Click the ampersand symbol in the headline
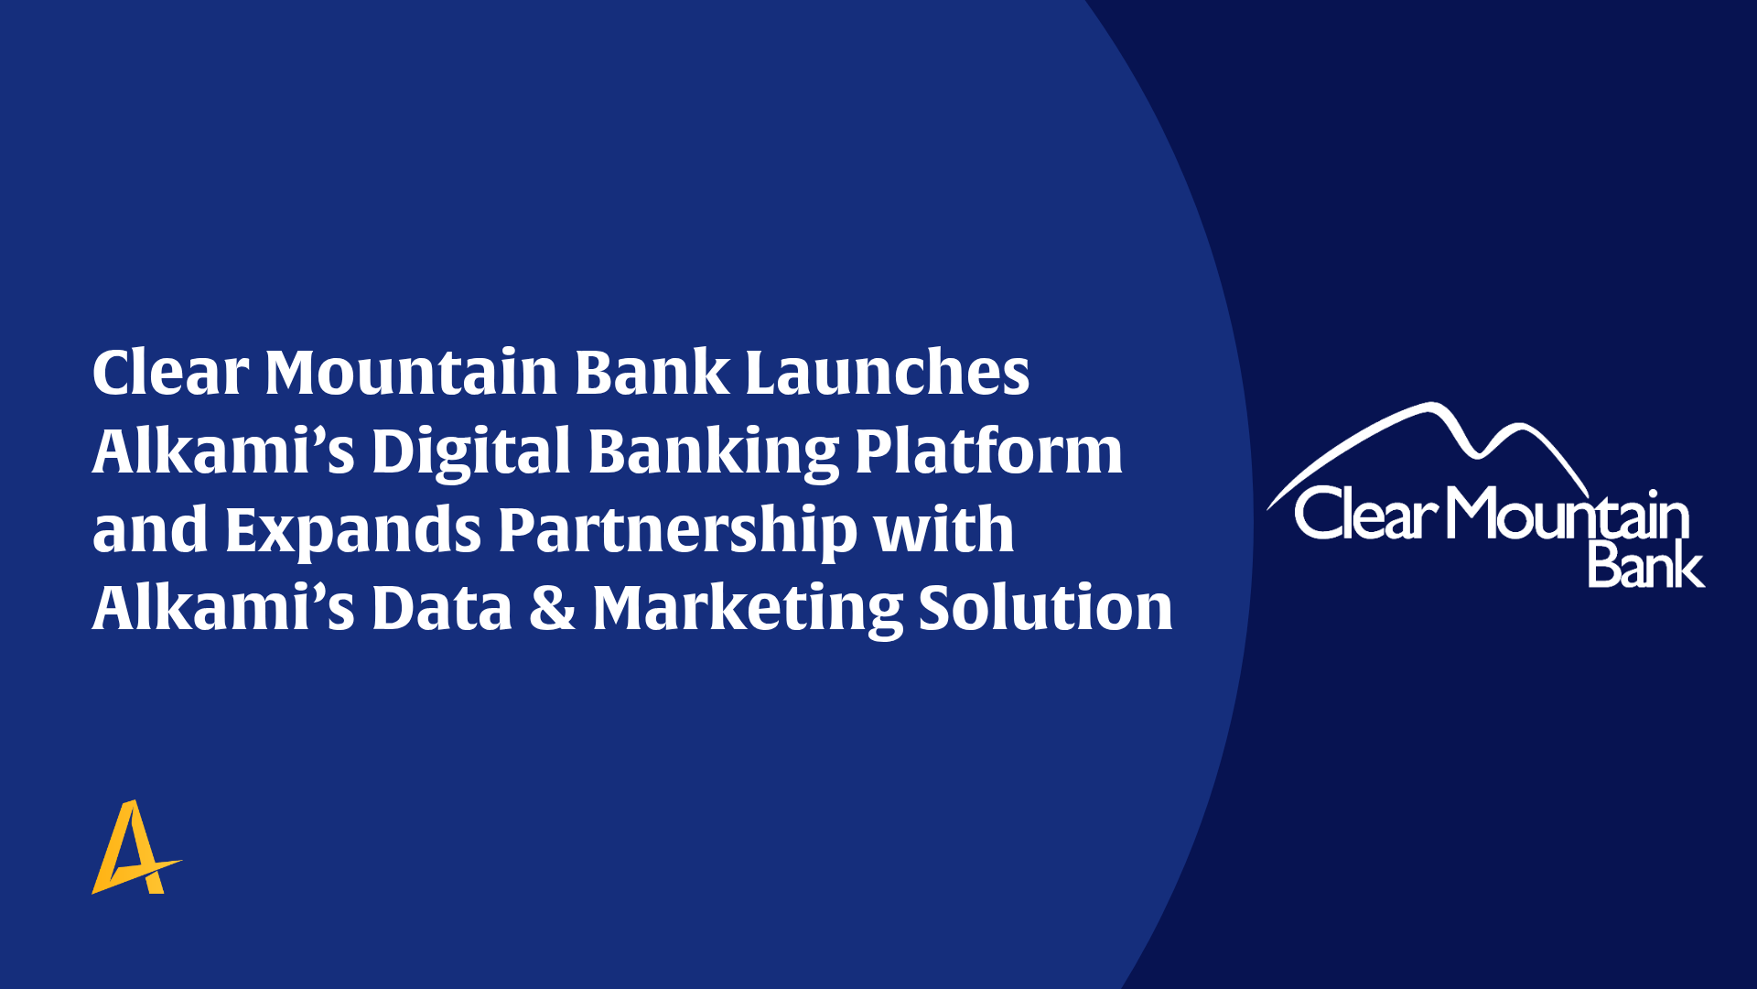pyautogui.click(x=553, y=608)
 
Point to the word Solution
pyautogui.click(x=1046, y=608)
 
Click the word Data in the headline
pyautogui.click(x=442, y=608)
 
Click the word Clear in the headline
pyautogui.click(x=170, y=372)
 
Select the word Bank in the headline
pyautogui.click(x=652, y=372)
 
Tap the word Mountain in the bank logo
pyautogui.click(x=1568, y=513)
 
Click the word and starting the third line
pyautogui.click(x=150, y=529)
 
